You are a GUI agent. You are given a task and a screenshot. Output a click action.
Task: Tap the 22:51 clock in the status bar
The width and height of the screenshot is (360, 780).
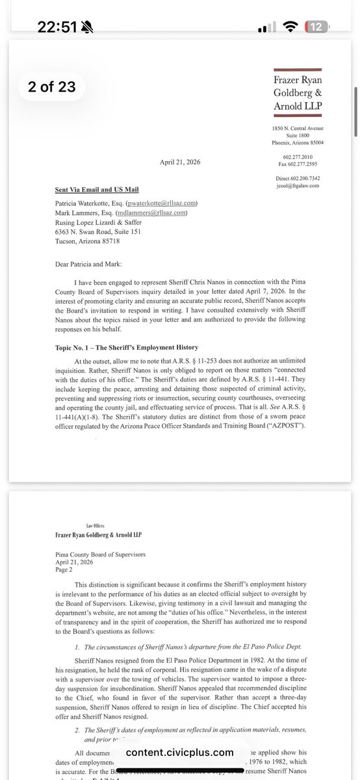(57, 27)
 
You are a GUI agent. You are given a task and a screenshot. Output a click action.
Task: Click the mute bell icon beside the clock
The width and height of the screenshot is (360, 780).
(89, 27)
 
